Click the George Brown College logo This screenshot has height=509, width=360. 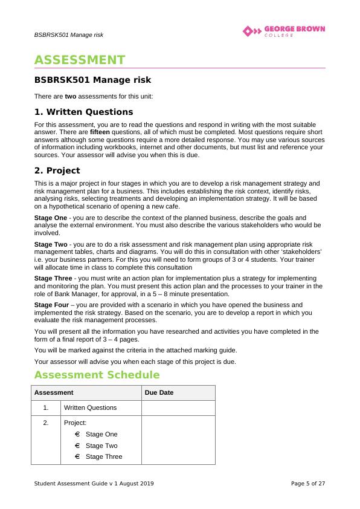(x=283, y=31)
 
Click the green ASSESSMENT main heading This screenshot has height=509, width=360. (x=80, y=60)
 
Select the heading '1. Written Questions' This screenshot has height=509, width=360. (x=83, y=112)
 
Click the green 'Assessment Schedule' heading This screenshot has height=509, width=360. (x=97, y=375)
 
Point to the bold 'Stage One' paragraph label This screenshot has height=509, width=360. (x=50, y=217)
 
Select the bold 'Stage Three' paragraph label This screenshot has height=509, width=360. (x=52, y=278)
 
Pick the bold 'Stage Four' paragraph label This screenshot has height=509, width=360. (x=51, y=305)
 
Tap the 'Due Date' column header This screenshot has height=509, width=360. (x=159, y=392)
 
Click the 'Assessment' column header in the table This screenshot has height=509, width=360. (x=54, y=392)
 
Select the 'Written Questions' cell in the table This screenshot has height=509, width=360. (x=90, y=407)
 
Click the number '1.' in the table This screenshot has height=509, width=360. (x=46, y=407)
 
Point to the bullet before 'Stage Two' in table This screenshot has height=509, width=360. (x=77, y=446)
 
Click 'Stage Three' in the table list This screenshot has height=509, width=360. (x=104, y=456)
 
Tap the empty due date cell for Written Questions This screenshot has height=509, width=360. (x=178, y=407)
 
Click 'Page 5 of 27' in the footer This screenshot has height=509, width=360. (x=308, y=483)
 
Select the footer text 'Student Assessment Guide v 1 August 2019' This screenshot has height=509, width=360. (x=94, y=483)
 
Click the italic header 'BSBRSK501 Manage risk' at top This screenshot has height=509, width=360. (x=68, y=34)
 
